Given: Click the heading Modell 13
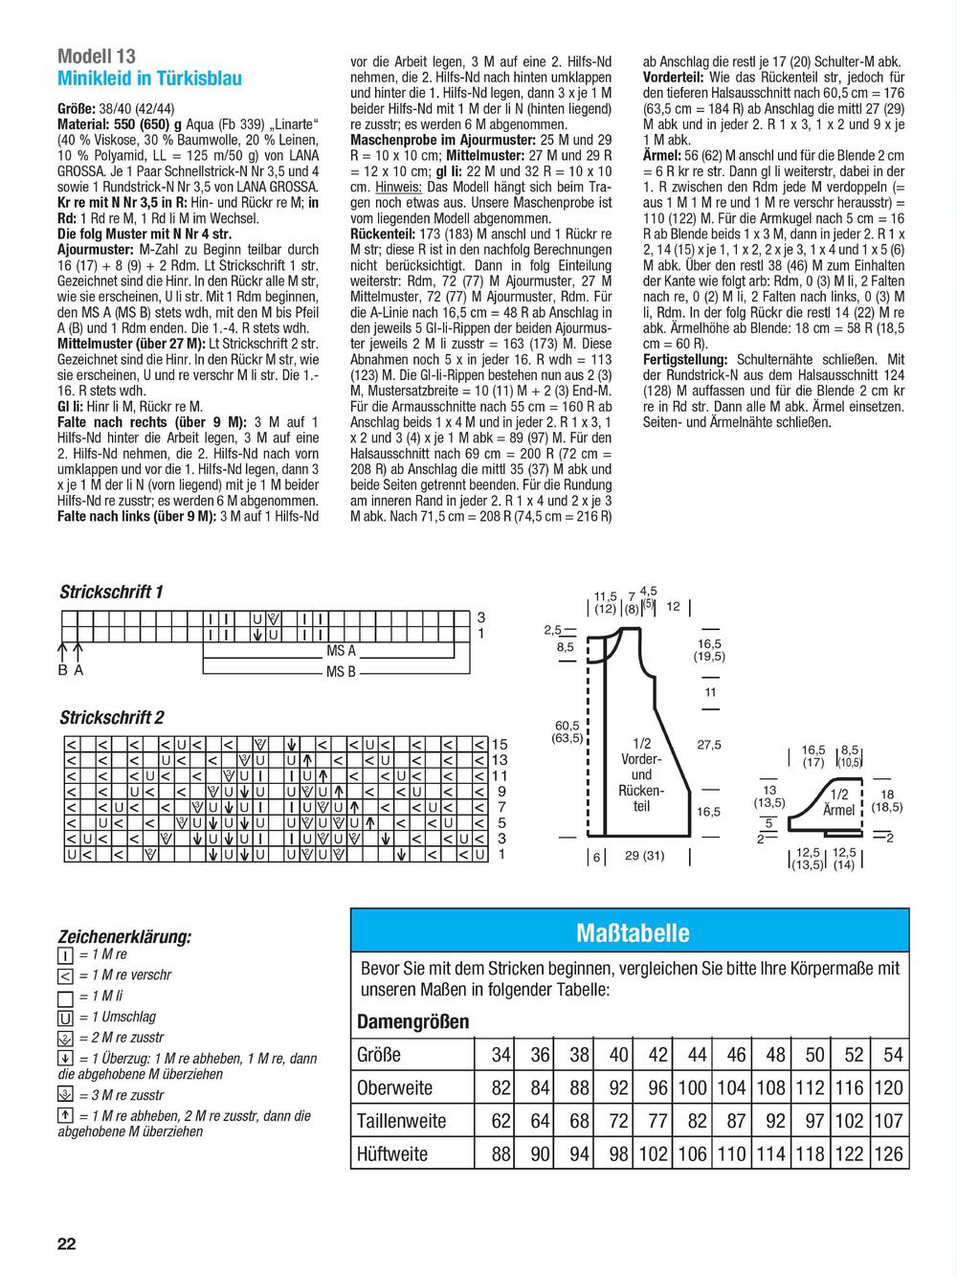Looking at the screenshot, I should coord(97,55).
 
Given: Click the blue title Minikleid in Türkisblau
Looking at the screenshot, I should coord(149,78).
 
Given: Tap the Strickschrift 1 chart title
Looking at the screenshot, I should coord(111,592).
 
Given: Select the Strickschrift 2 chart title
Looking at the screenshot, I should coord(112,717).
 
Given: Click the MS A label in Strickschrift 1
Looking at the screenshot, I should coord(341,651).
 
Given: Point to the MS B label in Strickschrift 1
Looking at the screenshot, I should coord(341,672).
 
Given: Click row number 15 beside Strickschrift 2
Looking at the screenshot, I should coord(499,744).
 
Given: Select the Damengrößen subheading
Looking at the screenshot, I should coord(412,1021).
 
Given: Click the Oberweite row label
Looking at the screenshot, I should coord(394,1088).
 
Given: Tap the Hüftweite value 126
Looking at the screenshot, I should coord(888,1153).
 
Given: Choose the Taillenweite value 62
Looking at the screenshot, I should coord(501,1121).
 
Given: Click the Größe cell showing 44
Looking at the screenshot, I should coord(697,1055).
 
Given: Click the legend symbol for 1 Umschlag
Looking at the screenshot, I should coord(66,1018).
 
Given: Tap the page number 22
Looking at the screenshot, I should coord(66,1243).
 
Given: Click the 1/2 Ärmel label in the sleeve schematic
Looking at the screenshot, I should coord(838,802).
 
